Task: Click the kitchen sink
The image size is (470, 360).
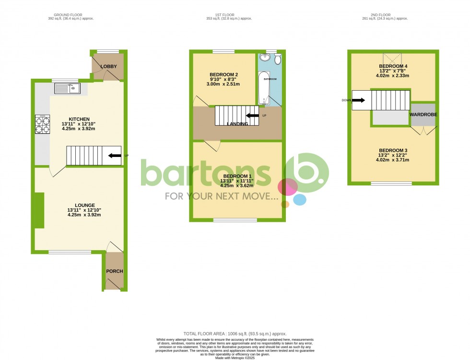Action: click(x=68, y=88)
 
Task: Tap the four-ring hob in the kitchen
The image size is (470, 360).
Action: click(x=42, y=124)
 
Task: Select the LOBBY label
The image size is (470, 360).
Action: click(x=109, y=66)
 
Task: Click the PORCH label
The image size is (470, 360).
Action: click(x=114, y=271)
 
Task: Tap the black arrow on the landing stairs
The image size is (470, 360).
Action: click(x=252, y=116)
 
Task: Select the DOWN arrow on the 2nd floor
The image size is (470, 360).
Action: click(x=358, y=100)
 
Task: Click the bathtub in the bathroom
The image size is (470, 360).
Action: click(x=263, y=88)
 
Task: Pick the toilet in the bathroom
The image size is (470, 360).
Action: click(x=277, y=59)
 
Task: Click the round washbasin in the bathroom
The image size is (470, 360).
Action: click(x=264, y=58)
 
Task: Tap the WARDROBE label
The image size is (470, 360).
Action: click(x=423, y=115)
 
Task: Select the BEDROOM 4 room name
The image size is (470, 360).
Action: click(x=393, y=66)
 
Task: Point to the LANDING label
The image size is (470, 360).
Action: click(x=237, y=124)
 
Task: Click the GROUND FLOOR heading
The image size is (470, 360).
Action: click(x=70, y=14)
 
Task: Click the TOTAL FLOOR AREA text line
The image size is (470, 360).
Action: click(x=235, y=333)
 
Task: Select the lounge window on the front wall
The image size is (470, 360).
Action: click(x=70, y=252)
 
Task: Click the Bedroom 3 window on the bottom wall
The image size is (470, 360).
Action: click(x=391, y=183)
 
